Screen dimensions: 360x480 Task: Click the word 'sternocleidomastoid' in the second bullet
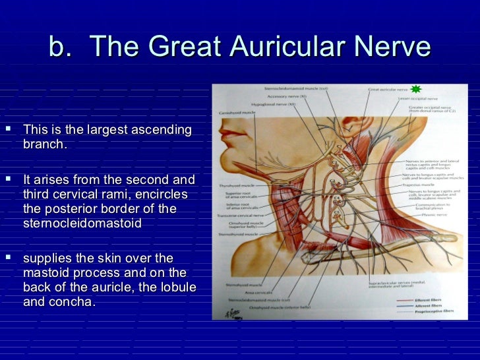[x=82, y=223]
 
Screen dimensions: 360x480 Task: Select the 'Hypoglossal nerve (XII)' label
[x=270, y=104]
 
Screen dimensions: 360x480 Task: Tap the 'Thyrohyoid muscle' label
[x=237, y=185]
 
